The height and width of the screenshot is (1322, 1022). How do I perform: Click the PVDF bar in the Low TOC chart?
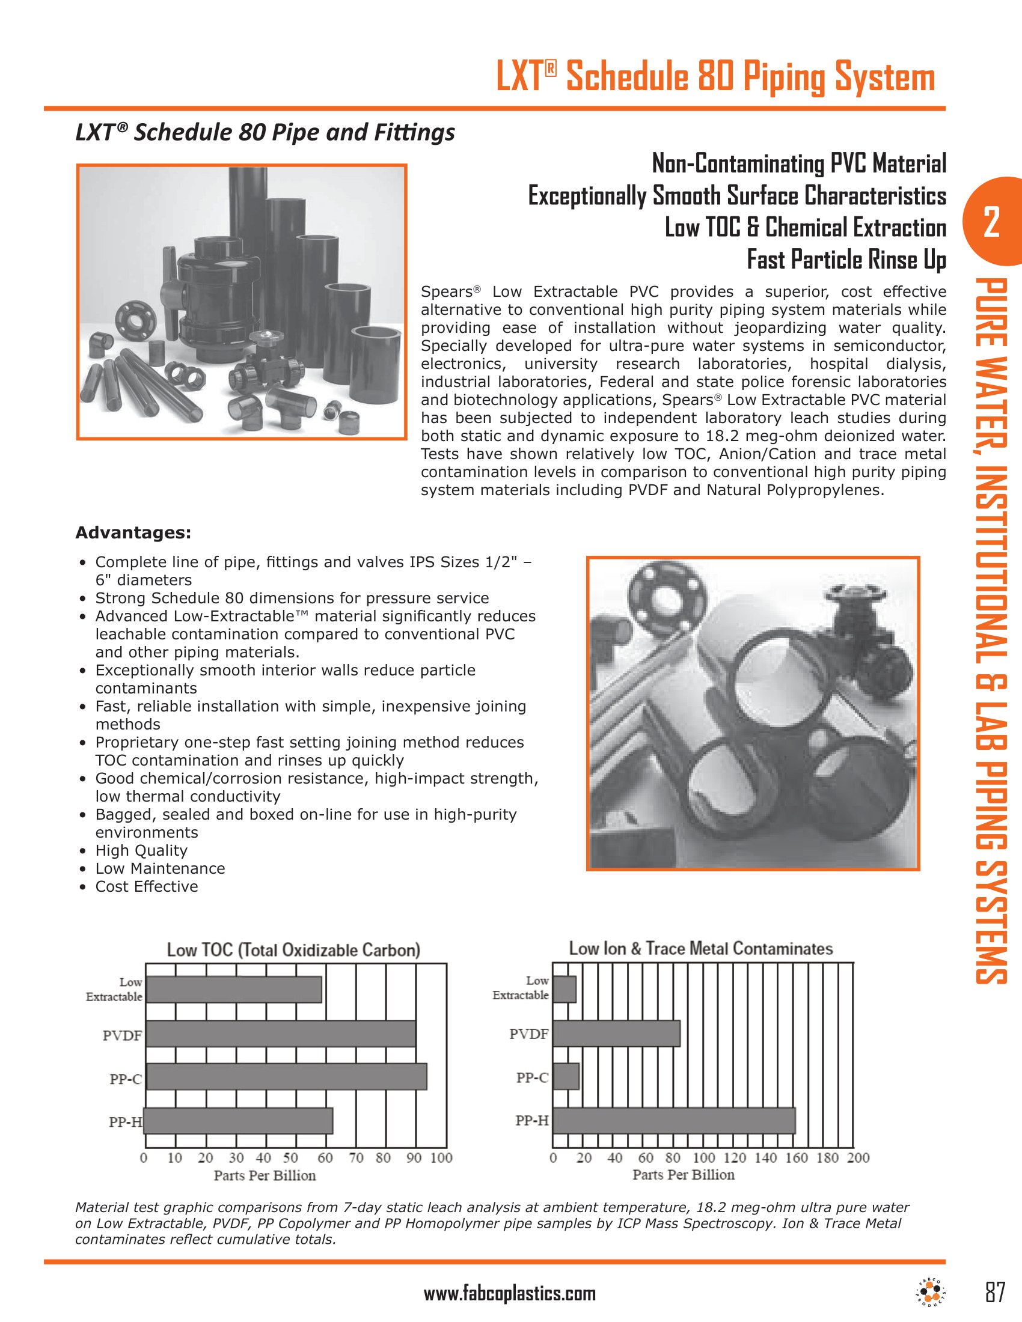click(281, 1034)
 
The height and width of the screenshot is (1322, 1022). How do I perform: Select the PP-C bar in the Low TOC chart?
click(286, 1077)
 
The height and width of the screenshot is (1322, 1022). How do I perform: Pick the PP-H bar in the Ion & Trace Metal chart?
click(674, 1121)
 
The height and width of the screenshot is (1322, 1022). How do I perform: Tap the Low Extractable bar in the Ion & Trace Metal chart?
click(565, 989)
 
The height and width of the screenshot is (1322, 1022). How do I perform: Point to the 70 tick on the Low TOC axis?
click(356, 1158)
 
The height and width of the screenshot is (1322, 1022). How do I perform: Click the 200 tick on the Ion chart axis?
click(858, 1157)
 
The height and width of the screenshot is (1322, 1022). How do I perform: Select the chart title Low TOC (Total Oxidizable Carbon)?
click(293, 949)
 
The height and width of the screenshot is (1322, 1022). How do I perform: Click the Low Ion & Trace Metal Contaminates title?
click(701, 948)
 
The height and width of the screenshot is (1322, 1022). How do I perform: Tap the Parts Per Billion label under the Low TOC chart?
click(265, 1175)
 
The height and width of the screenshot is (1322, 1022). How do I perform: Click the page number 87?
click(995, 1293)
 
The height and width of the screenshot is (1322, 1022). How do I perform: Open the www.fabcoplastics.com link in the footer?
click(510, 1294)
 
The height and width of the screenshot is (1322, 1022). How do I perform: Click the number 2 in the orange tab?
click(992, 222)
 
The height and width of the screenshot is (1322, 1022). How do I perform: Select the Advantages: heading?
click(133, 532)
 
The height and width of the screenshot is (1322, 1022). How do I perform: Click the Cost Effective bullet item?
click(147, 886)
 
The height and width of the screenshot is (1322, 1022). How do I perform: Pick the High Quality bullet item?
click(141, 850)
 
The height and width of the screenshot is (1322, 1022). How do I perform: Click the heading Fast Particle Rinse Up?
click(846, 260)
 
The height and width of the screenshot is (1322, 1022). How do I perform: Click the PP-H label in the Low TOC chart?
click(126, 1122)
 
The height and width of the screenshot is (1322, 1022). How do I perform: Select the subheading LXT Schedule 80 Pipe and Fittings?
click(265, 132)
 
